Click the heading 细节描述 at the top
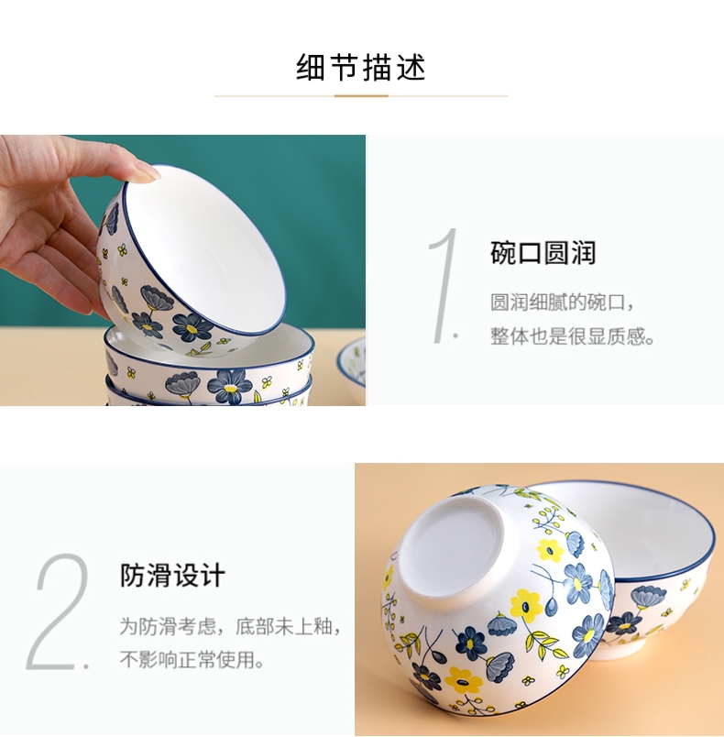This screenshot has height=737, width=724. [361, 67]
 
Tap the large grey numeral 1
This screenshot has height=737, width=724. [443, 285]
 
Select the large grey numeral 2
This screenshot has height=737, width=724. [59, 611]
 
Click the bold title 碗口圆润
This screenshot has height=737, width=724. [543, 253]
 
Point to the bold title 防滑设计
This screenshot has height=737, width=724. [172, 575]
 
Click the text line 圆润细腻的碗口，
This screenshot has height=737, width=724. [563, 302]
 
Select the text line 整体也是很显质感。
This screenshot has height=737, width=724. [572, 336]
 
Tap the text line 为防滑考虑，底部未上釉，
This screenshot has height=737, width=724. [230, 626]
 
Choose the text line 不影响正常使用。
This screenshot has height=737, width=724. [192, 659]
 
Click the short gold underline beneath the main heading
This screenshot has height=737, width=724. [361, 96]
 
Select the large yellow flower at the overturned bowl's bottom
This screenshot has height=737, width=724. [463, 680]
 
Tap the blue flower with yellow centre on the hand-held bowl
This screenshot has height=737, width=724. [192, 326]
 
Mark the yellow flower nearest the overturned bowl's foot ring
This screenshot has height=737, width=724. [526, 604]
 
